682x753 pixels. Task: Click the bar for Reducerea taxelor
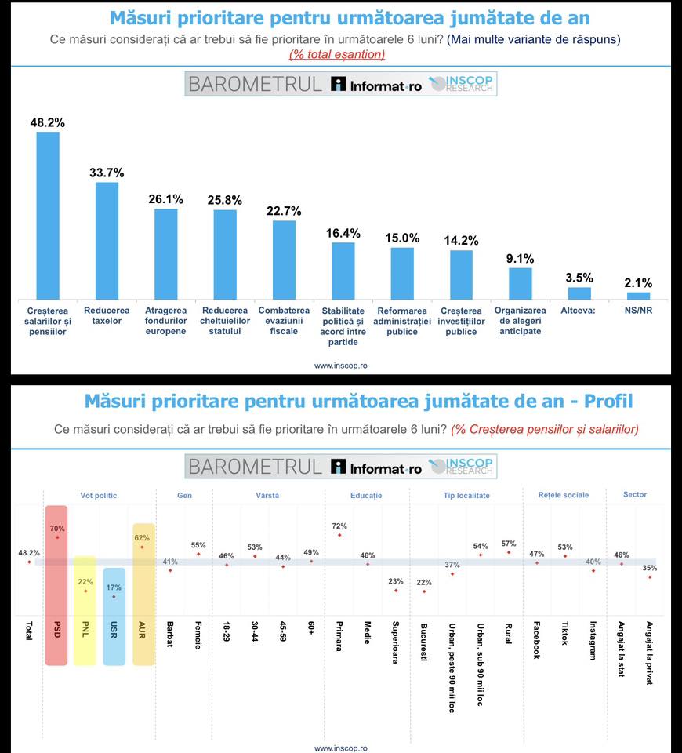coord(107,241)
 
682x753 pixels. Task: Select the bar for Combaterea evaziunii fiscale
coord(284,260)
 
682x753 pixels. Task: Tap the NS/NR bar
coord(638,296)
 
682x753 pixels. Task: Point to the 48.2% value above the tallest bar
coord(48,122)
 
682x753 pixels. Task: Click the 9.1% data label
coord(520,259)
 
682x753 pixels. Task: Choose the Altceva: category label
coord(578,311)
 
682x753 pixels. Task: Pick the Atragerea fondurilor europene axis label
coord(165,321)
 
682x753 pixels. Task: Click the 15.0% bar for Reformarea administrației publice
coord(402,274)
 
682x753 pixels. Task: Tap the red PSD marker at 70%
coord(57,537)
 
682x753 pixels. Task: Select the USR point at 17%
coord(114,597)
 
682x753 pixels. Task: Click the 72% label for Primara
coord(339,526)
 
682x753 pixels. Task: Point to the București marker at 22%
coord(424,591)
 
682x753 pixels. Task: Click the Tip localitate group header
coord(466,495)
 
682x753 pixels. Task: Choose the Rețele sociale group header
coord(564,495)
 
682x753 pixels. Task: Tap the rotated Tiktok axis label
coord(565,634)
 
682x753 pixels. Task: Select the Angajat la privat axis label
coord(649,653)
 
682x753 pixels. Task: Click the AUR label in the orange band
coord(142,630)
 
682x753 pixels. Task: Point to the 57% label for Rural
coord(509,544)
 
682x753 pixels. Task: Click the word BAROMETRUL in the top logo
coord(255,84)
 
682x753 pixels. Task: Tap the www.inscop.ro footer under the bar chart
coord(341,366)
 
